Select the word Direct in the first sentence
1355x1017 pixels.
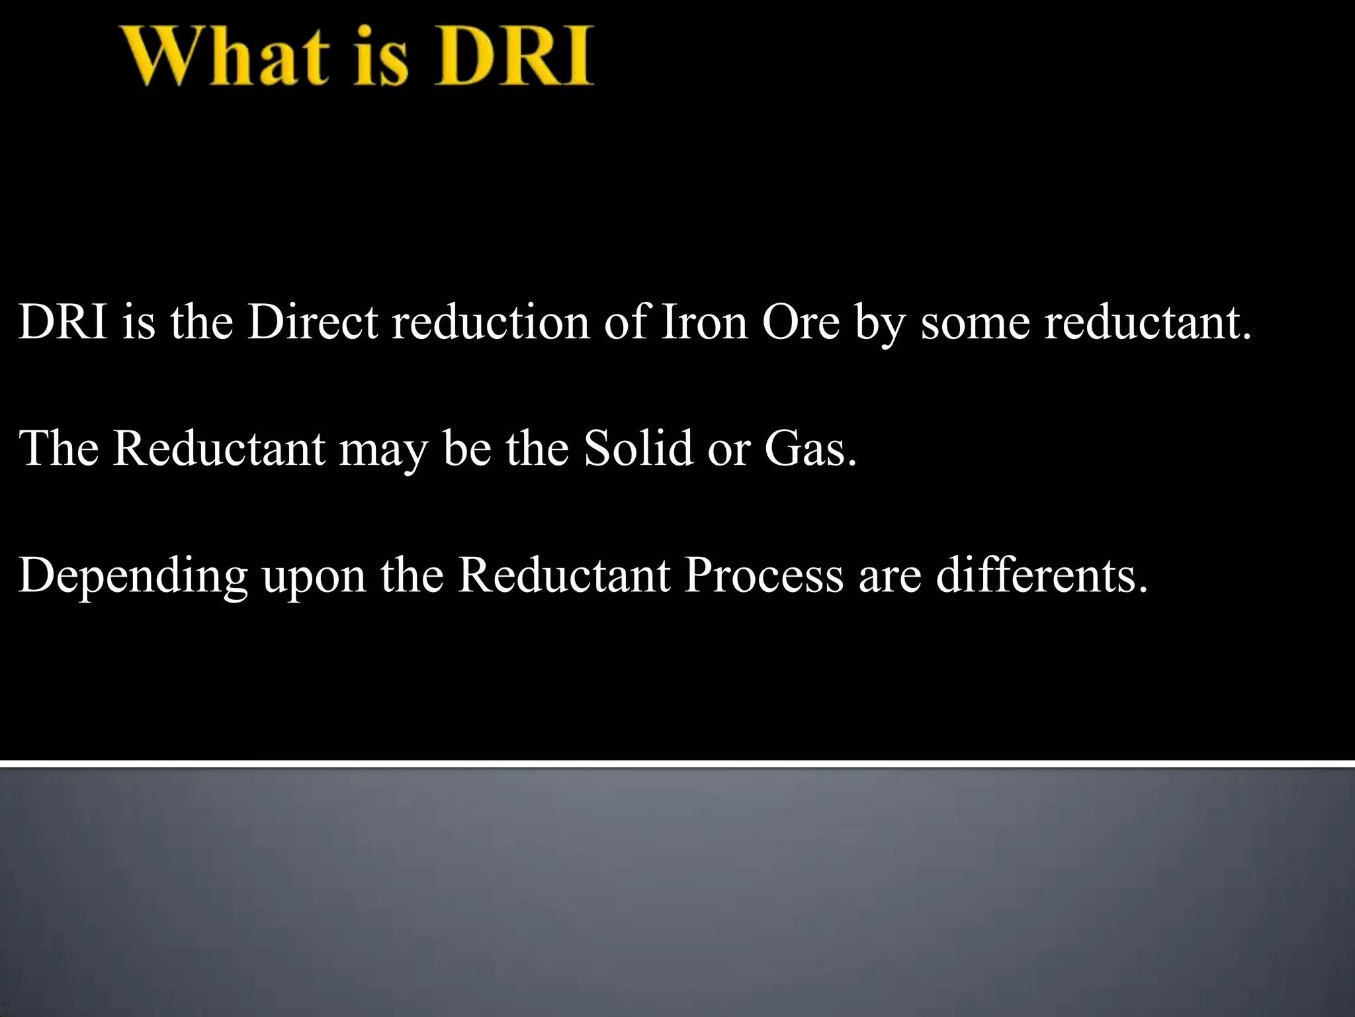pos(312,323)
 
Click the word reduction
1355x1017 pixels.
pos(490,323)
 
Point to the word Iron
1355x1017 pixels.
pos(703,323)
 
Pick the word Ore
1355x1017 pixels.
pos(801,323)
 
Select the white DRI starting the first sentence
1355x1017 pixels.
pos(63,323)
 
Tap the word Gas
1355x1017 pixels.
pos(810,448)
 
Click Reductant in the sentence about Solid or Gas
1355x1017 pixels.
pos(218,448)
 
